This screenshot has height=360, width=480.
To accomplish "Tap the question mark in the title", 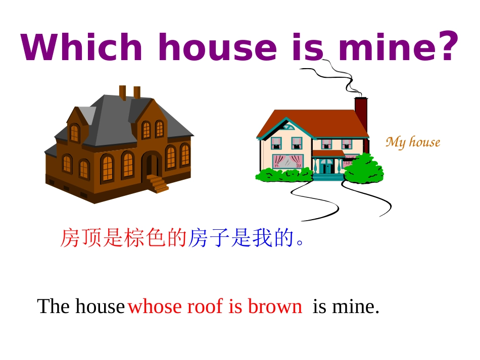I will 448,46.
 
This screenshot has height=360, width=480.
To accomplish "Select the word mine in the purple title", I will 389,48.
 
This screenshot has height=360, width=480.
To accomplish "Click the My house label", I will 413,142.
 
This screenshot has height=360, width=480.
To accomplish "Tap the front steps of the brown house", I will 158,183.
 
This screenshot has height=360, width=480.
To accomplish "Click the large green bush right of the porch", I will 363,169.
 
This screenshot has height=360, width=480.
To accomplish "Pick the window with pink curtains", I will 286,162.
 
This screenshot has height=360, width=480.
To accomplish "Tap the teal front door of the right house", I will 326,167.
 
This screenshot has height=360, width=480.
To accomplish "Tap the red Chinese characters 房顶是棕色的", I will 123,238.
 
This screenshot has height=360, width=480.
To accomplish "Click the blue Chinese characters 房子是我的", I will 242,238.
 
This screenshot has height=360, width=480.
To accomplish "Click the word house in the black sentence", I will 100,306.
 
